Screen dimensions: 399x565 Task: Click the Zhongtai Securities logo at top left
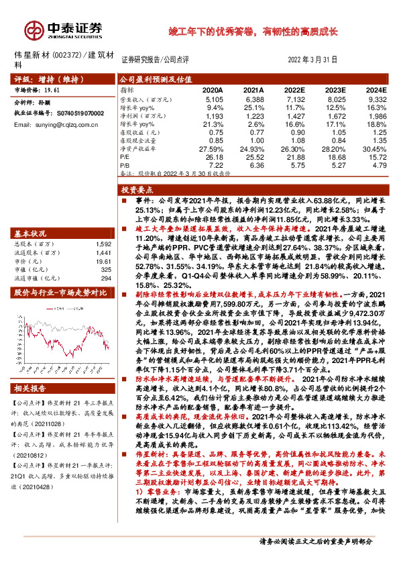64,30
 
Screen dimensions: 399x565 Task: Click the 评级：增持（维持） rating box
58,79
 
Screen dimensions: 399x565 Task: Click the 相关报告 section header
32,389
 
